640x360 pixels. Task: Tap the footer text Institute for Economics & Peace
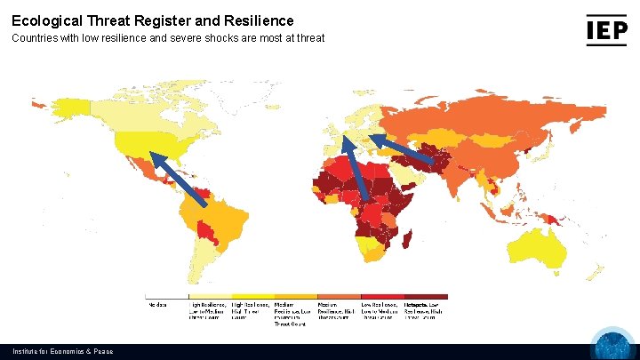pos(62,352)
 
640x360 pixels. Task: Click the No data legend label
pos(157,304)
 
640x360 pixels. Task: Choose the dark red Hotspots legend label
pos(425,310)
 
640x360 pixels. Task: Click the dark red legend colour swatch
pos(426,296)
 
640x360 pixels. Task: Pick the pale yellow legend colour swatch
pos(210,296)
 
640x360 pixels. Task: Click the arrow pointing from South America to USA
pos(178,179)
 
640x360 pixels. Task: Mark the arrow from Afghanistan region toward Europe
pos(404,148)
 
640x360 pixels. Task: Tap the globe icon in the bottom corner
pos(613,347)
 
